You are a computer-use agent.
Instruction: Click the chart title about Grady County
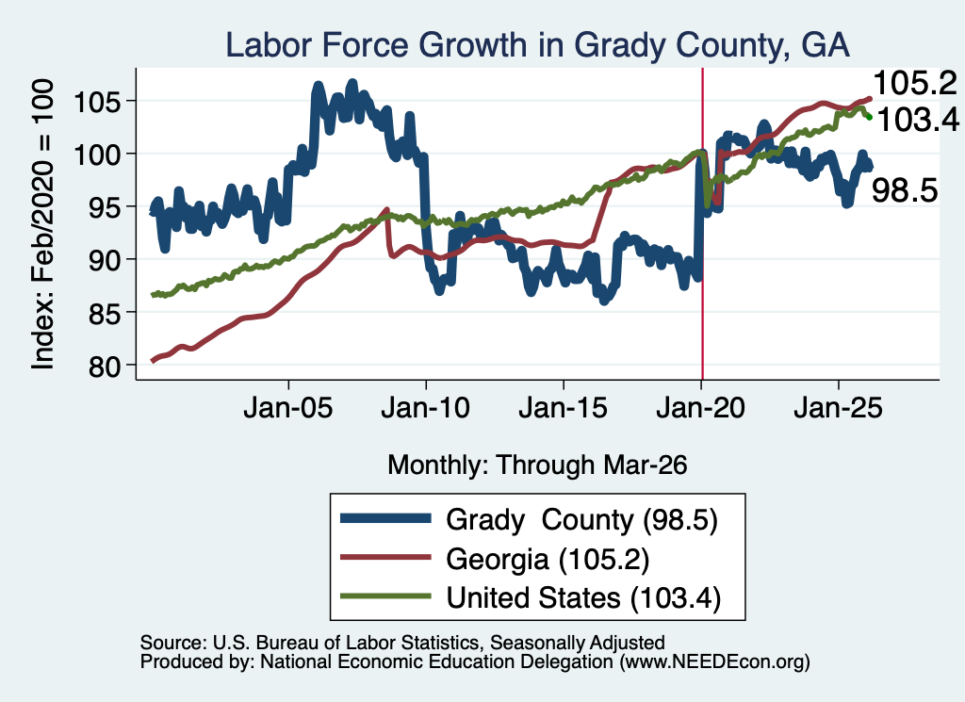(537, 45)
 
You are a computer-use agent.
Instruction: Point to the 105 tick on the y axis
(97, 102)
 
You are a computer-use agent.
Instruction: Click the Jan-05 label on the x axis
(288, 408)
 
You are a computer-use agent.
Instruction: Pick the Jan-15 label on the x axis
(564, 408)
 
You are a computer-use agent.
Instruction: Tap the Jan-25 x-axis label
(838, 408)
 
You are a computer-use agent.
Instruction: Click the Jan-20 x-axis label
(700, 408)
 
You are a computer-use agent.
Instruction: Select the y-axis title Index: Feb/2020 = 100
(42, 224)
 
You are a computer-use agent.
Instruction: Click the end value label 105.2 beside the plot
(915, 83)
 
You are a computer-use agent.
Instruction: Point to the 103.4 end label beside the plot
(918, 120)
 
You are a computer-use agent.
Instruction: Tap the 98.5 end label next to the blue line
(905, 190)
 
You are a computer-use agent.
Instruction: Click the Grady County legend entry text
(581, 520)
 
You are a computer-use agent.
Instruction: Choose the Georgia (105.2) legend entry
(548, 560)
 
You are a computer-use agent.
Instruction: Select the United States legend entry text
(583, 598)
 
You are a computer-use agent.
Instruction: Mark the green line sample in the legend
(385, 596)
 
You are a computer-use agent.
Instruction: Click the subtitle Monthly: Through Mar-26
(537, 465)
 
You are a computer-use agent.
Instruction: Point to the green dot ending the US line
(869, 117)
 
